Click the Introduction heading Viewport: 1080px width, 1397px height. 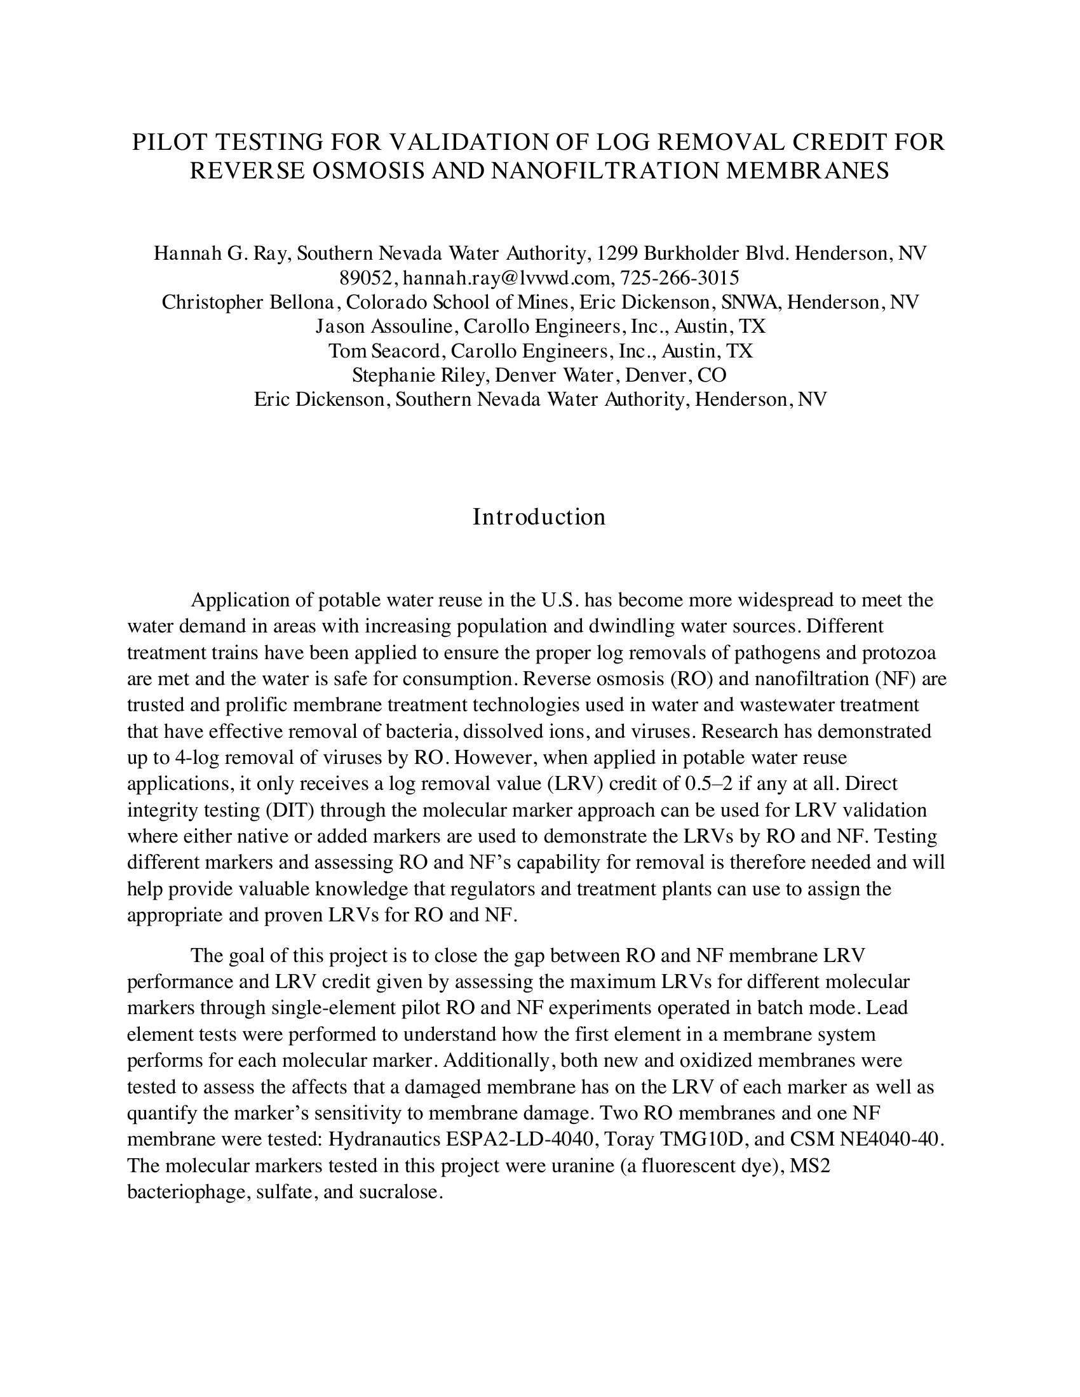[539, 517]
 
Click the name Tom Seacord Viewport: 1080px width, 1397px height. [384, 351]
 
